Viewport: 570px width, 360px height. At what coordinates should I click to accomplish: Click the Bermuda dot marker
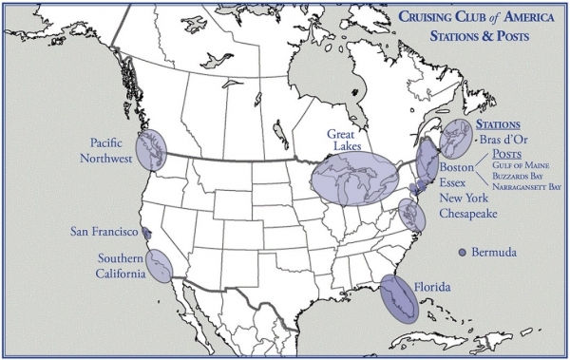coord(463,252)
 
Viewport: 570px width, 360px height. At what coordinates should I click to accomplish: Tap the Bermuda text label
coord(494,253)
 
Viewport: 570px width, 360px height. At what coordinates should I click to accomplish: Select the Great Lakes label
coord(348,142)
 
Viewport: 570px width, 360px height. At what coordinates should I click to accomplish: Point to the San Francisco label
coord(104,231)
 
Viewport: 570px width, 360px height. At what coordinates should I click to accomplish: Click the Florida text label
coord(431,286)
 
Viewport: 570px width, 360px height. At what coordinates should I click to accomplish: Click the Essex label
coord(455,183)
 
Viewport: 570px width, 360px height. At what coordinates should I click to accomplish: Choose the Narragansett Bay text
coord(527,187)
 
